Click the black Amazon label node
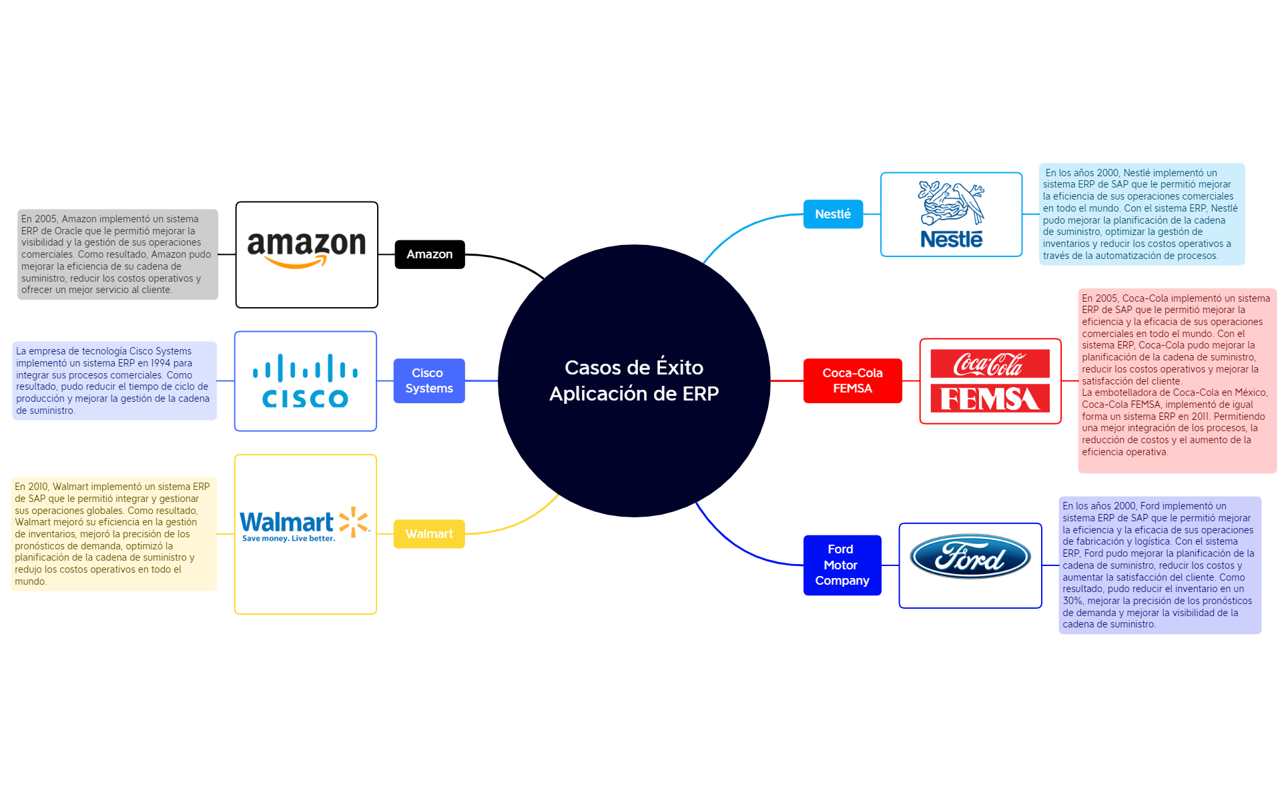tap(429, 254)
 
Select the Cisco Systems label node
tap(428, 380)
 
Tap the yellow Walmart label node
tap(428, 534)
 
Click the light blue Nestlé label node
tap(832, 214)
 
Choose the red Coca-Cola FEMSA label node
tap(852, 380)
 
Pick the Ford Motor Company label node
tap(841, 565)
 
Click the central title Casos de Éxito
tap(633, 368)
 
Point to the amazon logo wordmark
tap(306, 244)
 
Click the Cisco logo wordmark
tap(305, 399)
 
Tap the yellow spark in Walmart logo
tap(354, 521)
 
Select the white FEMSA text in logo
tap(989, 399)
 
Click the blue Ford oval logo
tap(970, 557)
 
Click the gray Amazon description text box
tap(117, 254)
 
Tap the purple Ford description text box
tap(1159, 565)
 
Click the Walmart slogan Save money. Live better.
tap(288, 539)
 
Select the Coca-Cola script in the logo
tap(989, 364)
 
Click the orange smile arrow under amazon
tap(296, 263)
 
